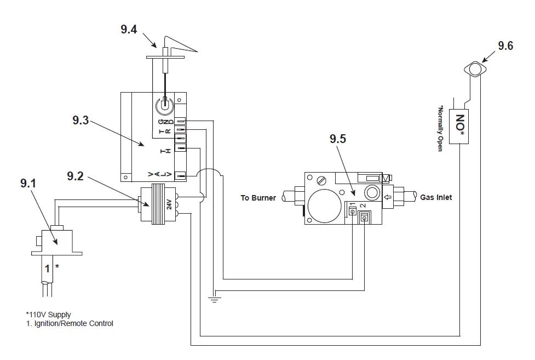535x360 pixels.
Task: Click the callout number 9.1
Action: click(x=28, y=184)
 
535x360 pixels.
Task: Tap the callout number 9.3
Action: click(x=80, y=121)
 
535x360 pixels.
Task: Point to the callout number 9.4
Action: click(x=129, y=29)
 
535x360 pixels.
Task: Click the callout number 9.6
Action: click(x=505, y=46)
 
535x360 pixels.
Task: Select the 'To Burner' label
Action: click(x=258, y=198)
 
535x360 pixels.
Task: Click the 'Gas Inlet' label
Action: click(x=436, y=197)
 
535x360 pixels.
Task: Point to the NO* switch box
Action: click(x=461, y=126)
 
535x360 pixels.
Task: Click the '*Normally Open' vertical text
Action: click(x=440, y=128)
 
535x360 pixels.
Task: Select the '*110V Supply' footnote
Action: click(x=48, y=315)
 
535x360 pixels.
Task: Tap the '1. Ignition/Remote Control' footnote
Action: click(x=70, y=323)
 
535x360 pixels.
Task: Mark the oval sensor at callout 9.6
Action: click(x=475, y=70)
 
